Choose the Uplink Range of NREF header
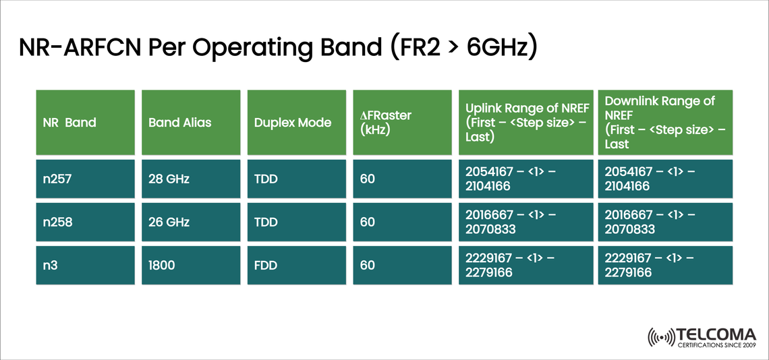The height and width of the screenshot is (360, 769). [x=526, y=123]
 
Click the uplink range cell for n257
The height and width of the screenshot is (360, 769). [x=526, y=179]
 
